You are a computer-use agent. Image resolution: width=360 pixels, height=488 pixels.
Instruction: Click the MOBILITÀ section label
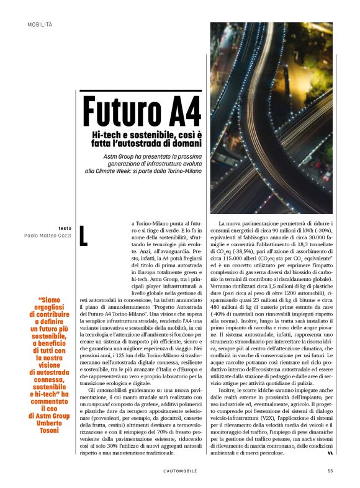tap(40, 24)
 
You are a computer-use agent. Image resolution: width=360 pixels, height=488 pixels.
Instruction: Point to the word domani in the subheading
tap(183, 144)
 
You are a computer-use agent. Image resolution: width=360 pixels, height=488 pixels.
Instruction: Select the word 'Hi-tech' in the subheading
tap(105, 135)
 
